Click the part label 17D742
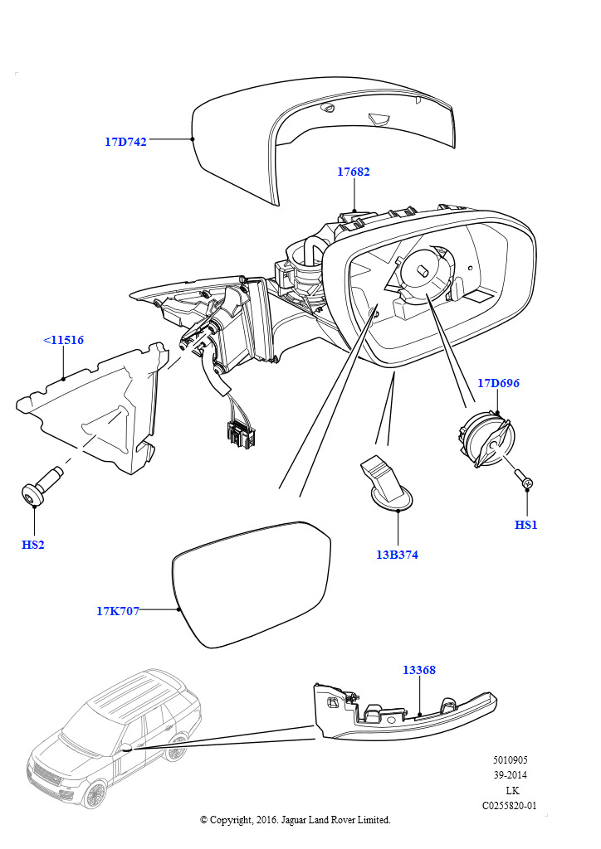pyautogui.click(x=125, y=142)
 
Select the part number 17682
pyautogui.click(x=354, y=172)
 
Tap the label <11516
pyautogui.click(x=63, y=340)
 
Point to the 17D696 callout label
pyautogui.click(x=498, y=383)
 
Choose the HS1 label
pyautogui.click(x=525, y=525)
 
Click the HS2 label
pyautogui.click(x=33, y=545)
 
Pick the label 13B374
pyautogui.click(x=398, y=555)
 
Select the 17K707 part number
pyautogui.click(x=118, y=611)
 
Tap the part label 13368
pyautogui.click(x=419, y=670)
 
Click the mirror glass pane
pyautogui.click(x=251, y=584)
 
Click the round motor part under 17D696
pyautogui.click(x=486, y=438)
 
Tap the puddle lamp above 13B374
pyautogui.click(x=386, y=483)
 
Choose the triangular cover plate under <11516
pyautogui.click(x=91, y=408)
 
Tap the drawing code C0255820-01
pyautogui.click(x=510, y=805)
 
